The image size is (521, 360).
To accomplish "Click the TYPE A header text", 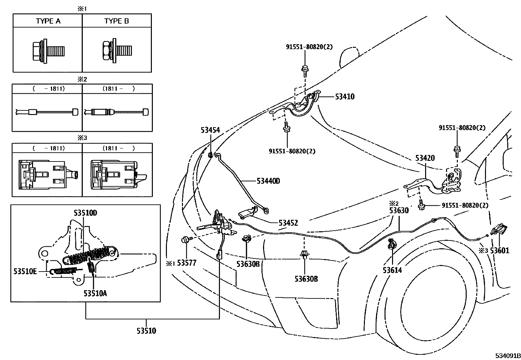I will point(48,21).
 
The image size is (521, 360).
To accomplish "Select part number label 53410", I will point(344,97).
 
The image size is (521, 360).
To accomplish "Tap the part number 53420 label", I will point(425,158).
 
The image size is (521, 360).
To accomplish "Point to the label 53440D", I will point(268,181).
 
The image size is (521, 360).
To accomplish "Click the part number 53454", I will point(210,131).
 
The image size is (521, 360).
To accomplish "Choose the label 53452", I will point(288,223).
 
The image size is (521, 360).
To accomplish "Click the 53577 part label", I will point(186,263).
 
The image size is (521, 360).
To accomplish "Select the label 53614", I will point(392,270).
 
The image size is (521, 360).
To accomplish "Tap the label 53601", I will point(500,251).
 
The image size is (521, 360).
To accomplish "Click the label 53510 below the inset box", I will point(146,331).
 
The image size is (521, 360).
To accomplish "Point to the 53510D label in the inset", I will point(85,213).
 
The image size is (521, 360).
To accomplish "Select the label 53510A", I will point(95,293).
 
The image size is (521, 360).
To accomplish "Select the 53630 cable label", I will point(399,210).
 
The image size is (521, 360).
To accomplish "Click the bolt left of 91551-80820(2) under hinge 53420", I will point(422,205).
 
